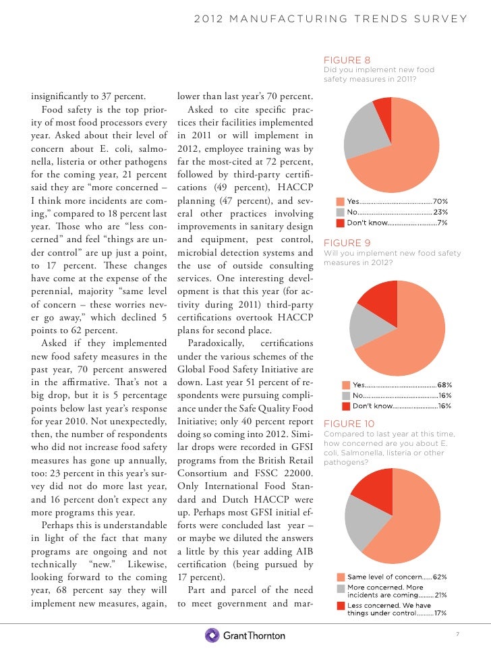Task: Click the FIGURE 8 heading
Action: [347, 59]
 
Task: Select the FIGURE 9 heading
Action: [347, 243]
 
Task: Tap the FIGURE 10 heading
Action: [349, 424]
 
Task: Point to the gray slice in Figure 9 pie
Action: [364, 330]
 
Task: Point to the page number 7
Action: [457, 635]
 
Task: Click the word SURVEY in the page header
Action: [444, 18]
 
